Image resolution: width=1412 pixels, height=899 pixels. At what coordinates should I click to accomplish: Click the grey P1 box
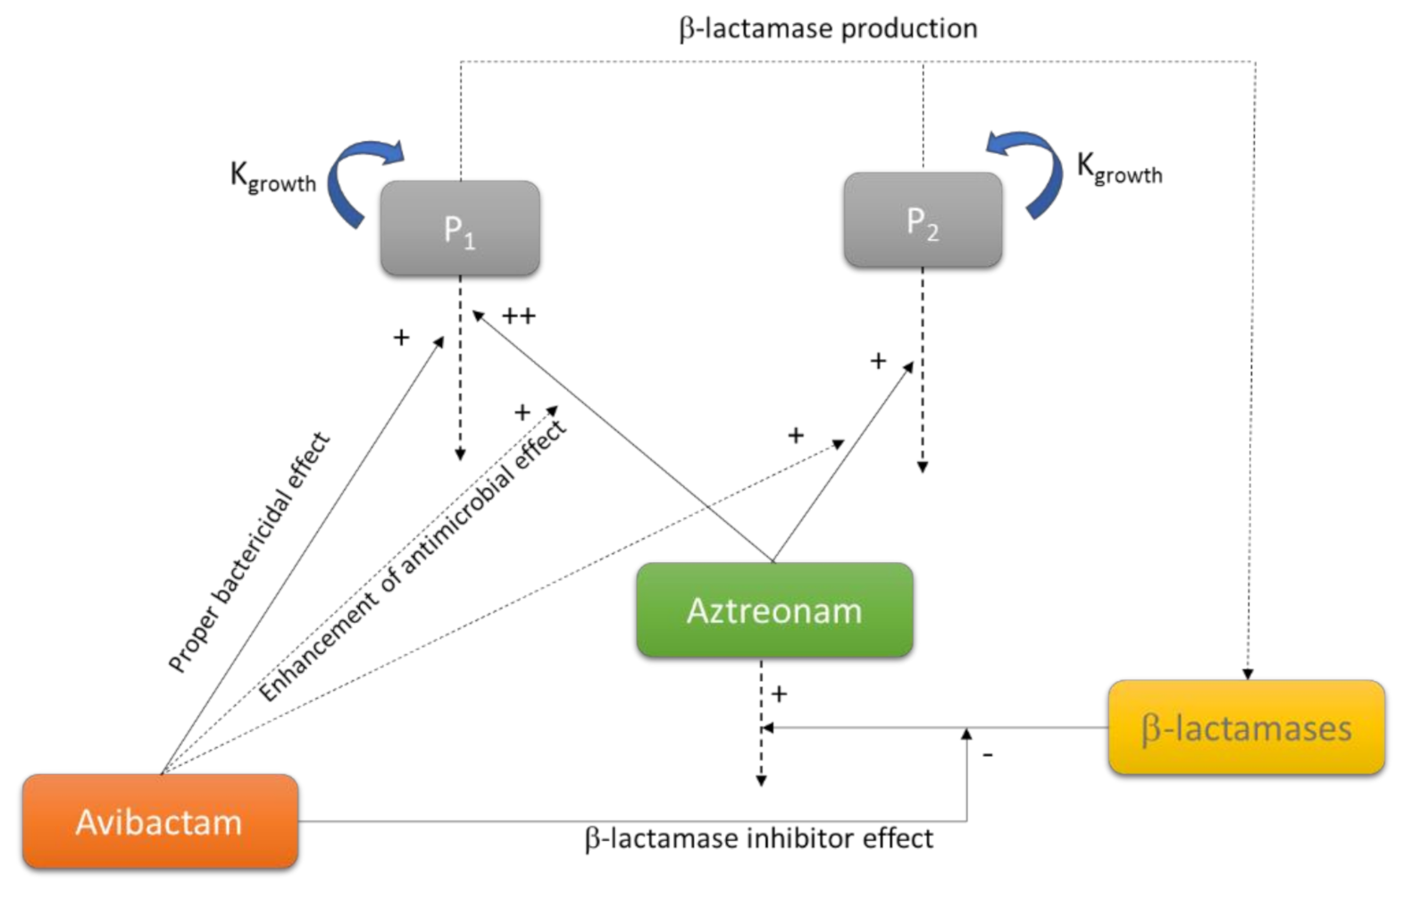pyautogui.click(x=460, y=228)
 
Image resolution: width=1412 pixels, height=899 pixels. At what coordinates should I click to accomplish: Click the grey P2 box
pyautogui.click(x=923, y=220)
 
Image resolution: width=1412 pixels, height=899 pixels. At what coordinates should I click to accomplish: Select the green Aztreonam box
pyautogui.click(x=774, y=610)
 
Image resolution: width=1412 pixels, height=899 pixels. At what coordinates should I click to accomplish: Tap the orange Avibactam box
pyautogui.click(x=160, y=821)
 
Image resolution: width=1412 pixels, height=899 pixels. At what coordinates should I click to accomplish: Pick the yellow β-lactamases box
pyautogui.click(x=1246, y=727)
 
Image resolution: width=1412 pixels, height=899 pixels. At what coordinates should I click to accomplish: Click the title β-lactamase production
pyautogui.click(x=828, y=29)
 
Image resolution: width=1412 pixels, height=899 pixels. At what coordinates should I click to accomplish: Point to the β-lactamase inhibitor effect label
pyautogui.click(x=758, y=838)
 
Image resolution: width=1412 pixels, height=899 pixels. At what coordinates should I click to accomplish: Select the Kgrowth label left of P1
pyautogui.click(x=272, y=175)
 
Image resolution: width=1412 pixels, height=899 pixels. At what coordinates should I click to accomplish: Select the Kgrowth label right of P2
pyautogui.click(x=1119, y=167)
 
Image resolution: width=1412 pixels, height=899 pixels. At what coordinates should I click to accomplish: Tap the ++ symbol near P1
pyautogui.click(x=519, y=316)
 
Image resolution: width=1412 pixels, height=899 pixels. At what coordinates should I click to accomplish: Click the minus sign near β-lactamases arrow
pyautogui.click(x=988, y=755)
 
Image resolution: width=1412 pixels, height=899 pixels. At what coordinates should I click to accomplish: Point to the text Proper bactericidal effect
pyautogui.click(x=249, y=552)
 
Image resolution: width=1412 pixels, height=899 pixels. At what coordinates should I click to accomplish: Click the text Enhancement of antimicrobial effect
pyautogui.click(x=413, y=560)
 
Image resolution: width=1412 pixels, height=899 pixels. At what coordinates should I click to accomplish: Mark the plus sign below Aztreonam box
pyautogui.click(x=780, y=693)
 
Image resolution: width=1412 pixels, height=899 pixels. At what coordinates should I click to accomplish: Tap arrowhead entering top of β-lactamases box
pyautogui.click(x=1249, y=674)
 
